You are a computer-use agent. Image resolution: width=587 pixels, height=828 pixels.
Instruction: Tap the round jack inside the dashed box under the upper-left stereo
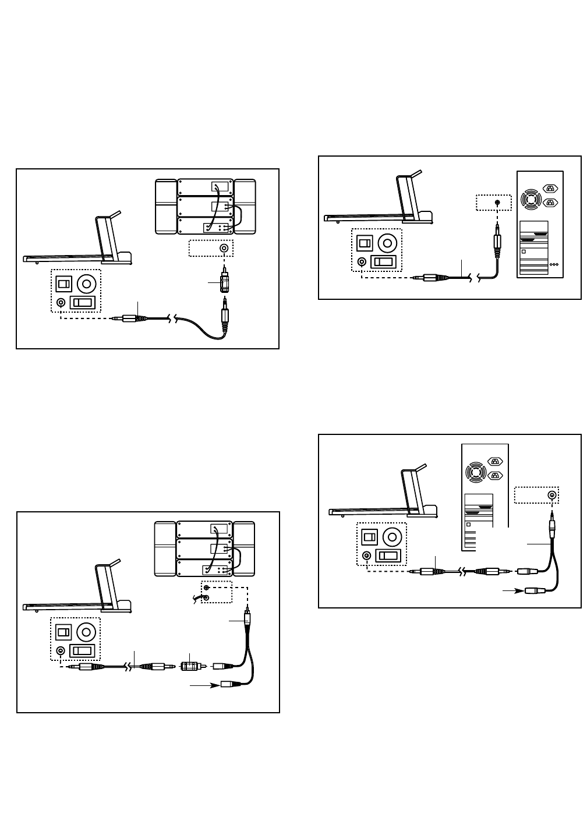[x=224, y=248]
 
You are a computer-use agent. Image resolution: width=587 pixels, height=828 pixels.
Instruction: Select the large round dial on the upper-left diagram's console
[x=87, y=284]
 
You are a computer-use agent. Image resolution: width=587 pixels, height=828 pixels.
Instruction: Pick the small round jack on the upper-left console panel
[x=61, y=302]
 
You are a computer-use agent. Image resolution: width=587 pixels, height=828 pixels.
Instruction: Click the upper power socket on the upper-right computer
[x=550, y=188]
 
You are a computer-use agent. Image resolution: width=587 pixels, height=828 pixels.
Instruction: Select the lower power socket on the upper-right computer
[x=550, y=202]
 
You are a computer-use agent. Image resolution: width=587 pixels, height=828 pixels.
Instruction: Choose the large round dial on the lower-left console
[x=86, y=631]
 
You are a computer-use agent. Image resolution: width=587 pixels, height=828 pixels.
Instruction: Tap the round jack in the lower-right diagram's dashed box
[x=551, y=496]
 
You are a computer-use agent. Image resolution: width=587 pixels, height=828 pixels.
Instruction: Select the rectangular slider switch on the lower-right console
[x=388, y=555]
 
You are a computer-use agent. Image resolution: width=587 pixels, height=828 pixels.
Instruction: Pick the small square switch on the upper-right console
[x=365, y=242]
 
